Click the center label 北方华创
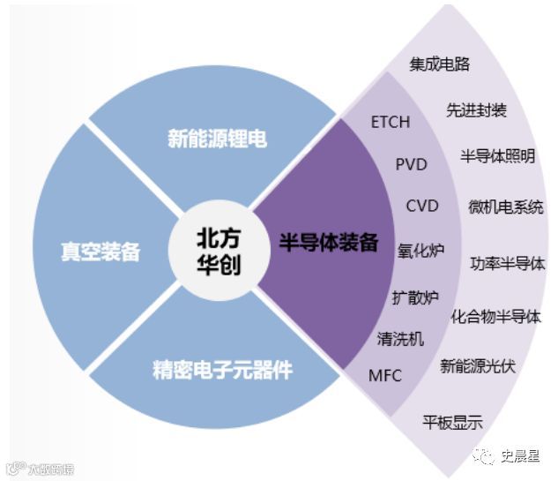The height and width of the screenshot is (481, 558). (218, 252)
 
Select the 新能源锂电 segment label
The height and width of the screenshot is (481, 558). (217, 139)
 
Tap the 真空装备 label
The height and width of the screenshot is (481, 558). (100, 252)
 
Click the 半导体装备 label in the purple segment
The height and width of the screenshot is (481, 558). (329, 243)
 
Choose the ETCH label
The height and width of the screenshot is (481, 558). (391, 122)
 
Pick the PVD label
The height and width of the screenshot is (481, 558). (411, 164)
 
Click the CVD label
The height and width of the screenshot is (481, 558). (421, 207)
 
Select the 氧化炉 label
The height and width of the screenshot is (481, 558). (420, 251)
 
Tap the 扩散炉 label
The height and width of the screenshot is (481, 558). (414, 297)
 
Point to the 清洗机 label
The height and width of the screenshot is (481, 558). (400, 339)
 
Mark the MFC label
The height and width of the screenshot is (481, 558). (384, 376)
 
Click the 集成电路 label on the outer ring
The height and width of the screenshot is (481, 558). (440, 64)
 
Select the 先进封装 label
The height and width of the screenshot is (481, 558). (476, 110)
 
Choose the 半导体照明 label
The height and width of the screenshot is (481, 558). (497, 156)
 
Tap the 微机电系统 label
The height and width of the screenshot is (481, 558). (506, 207)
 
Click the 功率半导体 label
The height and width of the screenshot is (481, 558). (507, 263)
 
